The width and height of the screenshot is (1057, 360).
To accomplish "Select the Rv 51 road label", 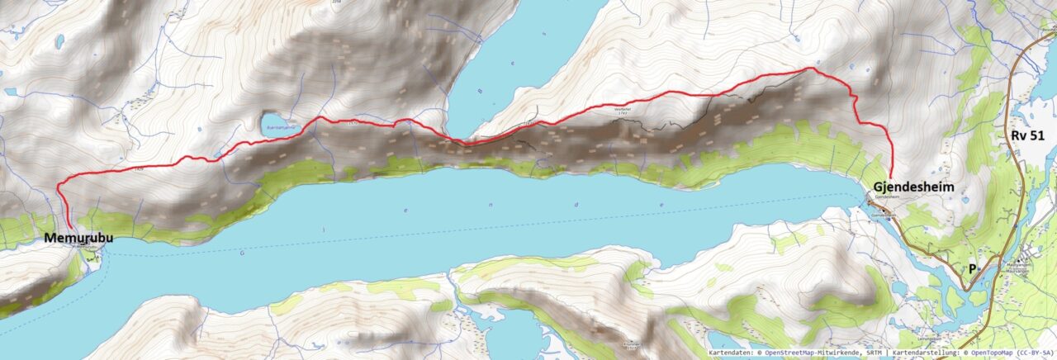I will tap(1028, 136).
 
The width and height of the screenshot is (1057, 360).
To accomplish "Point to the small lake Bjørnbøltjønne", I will tap(274, 125).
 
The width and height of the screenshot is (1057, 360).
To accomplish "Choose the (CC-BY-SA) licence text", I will tap(1028, 353).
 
